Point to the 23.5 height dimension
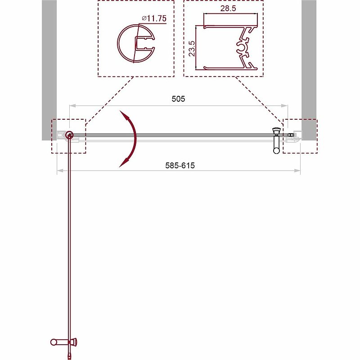click(x=192, y=47)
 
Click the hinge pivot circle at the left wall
click(x=69, y=135)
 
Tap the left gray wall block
click(x=49, y=67)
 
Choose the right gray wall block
click(x=309, y=67)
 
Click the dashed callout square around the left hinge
click(x=68, y=136)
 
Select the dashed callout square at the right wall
click(x=300, y=136)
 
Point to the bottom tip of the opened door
click(x=69, y=357)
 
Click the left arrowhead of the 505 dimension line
click(x=71, y=106)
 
